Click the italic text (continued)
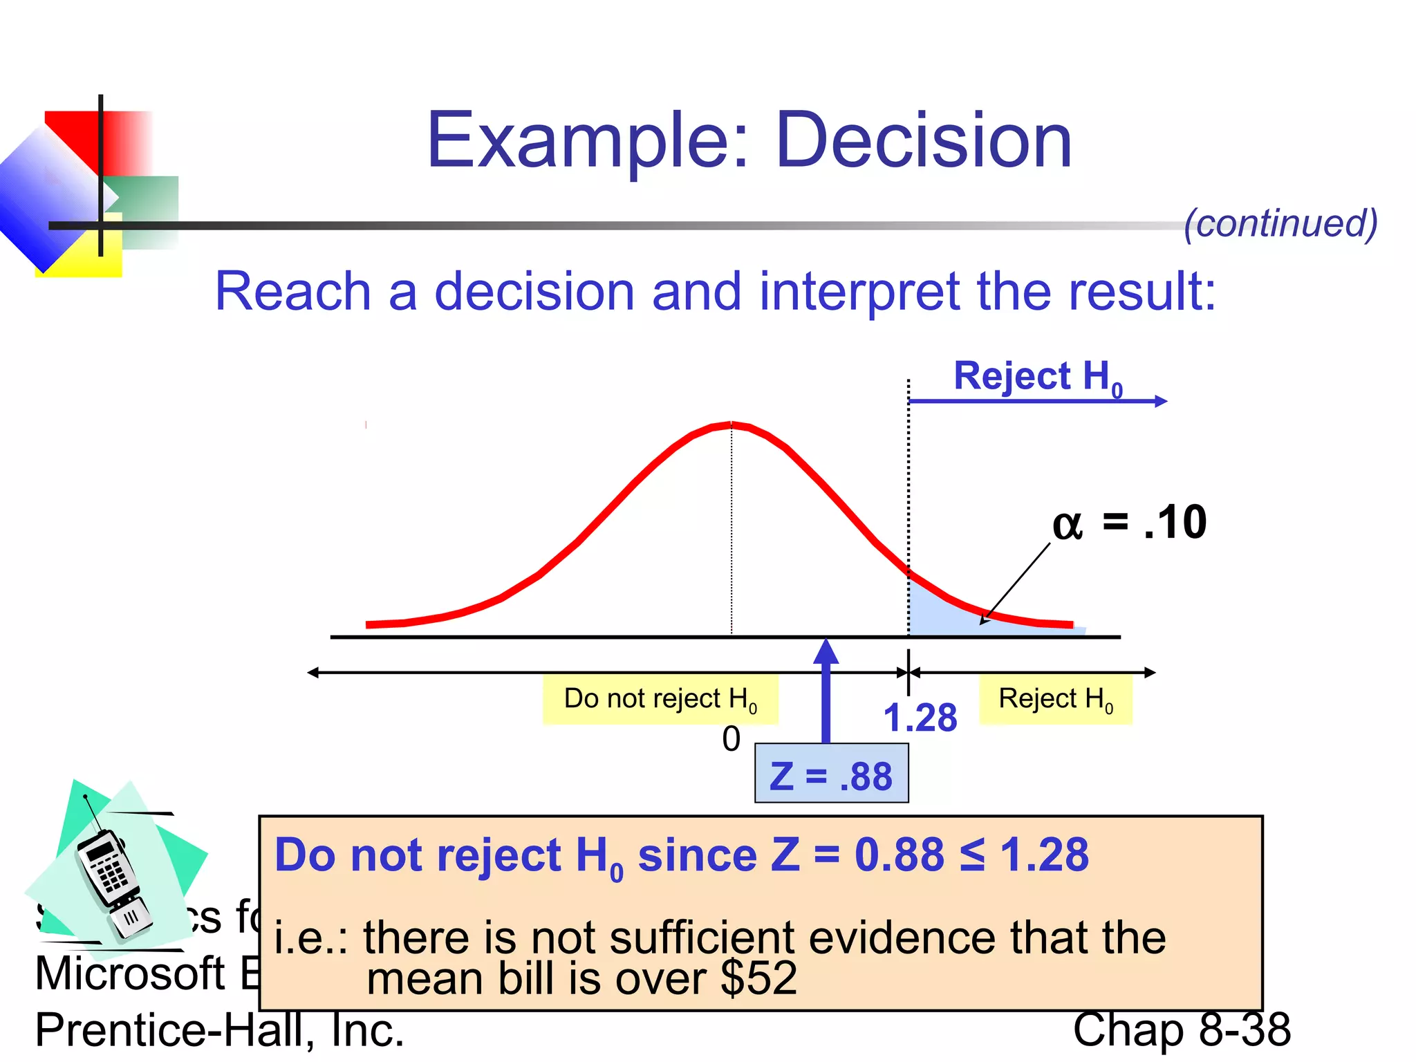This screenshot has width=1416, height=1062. click(1280, 223)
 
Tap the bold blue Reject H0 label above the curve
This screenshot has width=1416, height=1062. click(1037, 377)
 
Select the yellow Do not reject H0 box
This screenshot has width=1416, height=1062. click(660, 700)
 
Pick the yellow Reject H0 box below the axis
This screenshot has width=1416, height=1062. click(1055, 700)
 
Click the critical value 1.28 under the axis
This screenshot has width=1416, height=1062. click(920, 718)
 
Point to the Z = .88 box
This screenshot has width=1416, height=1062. click(831, 774)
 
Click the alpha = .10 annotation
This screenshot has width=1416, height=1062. click(1129, 523)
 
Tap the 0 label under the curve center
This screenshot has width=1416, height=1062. click(731, 739)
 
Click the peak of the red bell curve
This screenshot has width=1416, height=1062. click(731, 425)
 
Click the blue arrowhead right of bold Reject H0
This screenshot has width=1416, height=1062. click(1161, 401)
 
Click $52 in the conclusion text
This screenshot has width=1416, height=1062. click(758, 980)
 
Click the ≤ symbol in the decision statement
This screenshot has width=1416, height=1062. click(972, 855)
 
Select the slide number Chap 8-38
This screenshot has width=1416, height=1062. click(1181, 1030)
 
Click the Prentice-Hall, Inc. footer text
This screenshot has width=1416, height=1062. click(219, 1030)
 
